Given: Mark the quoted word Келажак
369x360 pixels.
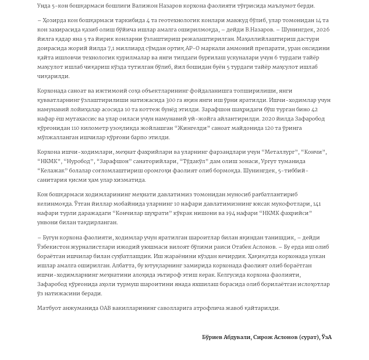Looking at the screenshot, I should tap(53, 171).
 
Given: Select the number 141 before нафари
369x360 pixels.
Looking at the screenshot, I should tap(317, 204).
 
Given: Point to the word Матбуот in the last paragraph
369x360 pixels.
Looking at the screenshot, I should tap(49, 308).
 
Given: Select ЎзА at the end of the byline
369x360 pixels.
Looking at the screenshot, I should tap(327, 337).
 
